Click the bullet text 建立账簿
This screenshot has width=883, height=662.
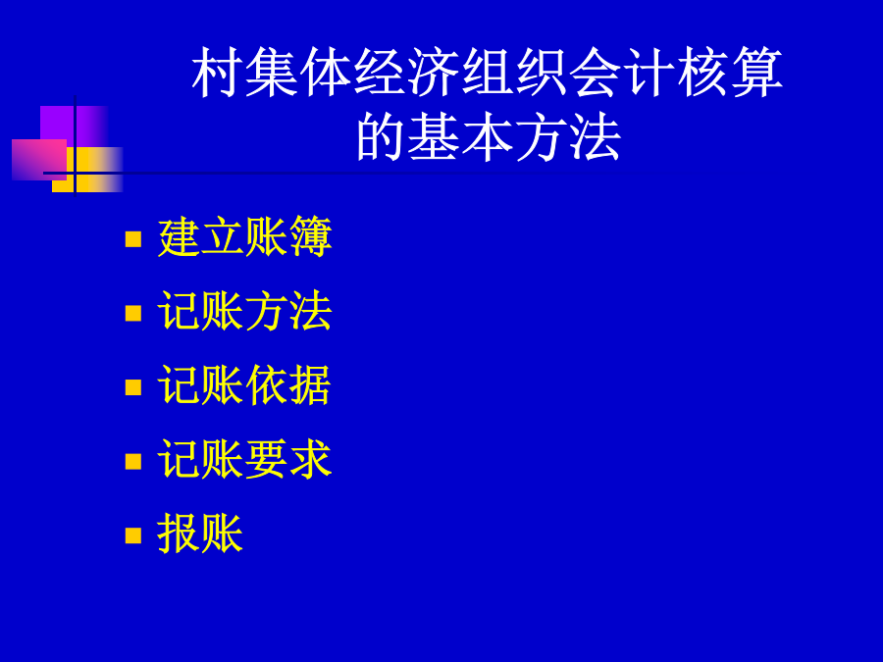click(245, 237)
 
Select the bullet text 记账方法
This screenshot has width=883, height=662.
click(245, 311)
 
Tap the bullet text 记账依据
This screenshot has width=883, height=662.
click(245, 385)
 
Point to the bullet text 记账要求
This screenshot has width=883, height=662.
click(245, 459)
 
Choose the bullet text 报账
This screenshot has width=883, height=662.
click(200, 534)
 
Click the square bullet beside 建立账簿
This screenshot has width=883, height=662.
click(133, 238)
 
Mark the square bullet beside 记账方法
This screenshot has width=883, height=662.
click(133, 313)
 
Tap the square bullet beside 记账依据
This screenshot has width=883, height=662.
click(133, 387)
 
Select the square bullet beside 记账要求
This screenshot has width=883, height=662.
click(133, 461)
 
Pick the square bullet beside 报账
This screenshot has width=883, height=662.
click(133, 535)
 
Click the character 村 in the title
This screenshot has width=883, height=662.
click(217, 72)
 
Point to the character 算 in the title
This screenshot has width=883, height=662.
click(757, 72)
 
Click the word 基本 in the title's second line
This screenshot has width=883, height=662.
click(460, 136)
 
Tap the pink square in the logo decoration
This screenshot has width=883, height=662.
click(39, 160)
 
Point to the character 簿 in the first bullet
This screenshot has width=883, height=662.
click(311, 237)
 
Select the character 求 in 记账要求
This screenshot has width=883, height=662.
click(311, 459)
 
